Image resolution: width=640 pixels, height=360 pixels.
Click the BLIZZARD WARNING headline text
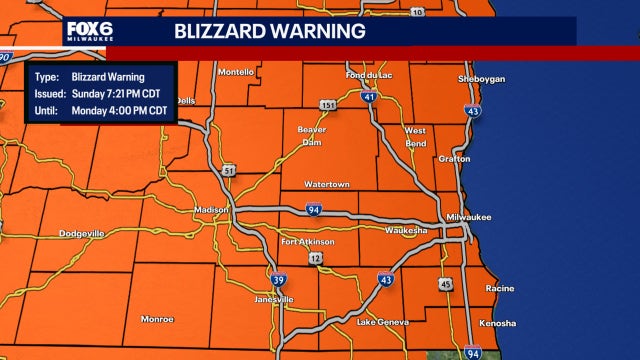(x=269, y=31)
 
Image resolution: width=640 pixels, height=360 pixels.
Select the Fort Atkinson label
(x=308, y=241)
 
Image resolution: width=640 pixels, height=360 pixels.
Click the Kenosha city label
(x=497, y=323)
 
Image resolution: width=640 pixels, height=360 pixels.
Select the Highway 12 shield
(x=315, y=259)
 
